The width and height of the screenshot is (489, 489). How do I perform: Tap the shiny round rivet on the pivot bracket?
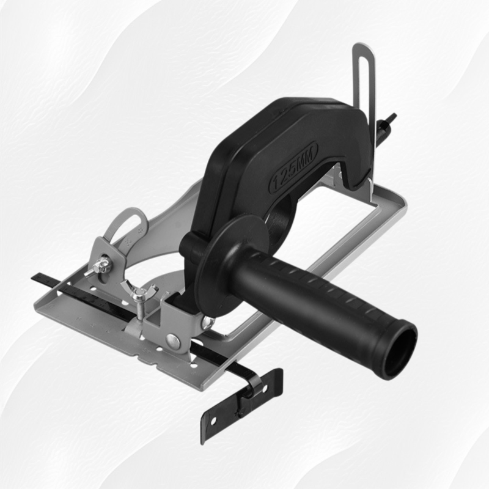[x=173, y=341]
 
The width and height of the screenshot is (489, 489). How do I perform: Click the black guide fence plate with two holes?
[x=241, y=405]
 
